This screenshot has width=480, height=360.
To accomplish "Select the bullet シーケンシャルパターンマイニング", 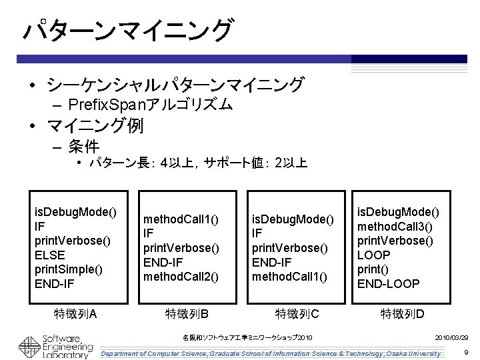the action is [175, 85].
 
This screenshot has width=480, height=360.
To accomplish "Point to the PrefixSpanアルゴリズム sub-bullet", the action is [151, 104].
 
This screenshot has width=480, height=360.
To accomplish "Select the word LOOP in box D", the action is [374, 254].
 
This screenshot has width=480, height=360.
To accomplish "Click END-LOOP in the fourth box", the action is [389, 284].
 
